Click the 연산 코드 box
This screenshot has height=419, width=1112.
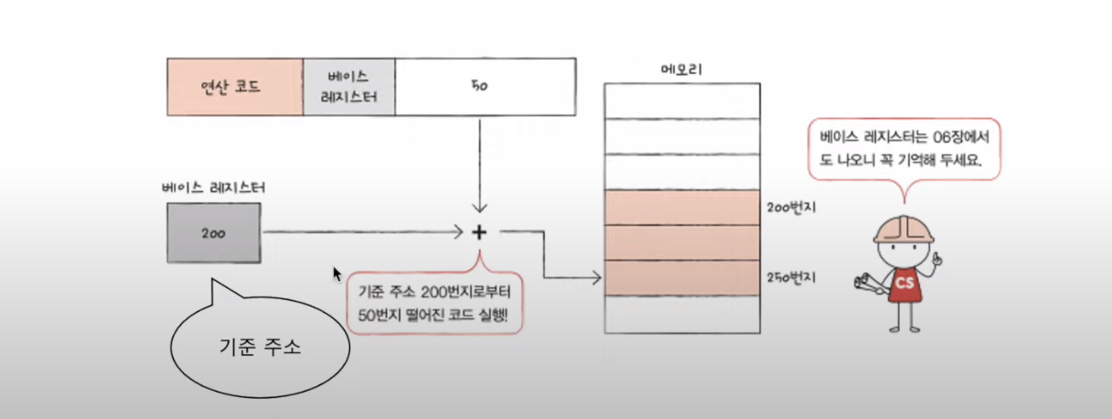pyautogui.click(x=234, y=87)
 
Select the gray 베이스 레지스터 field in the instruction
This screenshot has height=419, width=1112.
pyautogui.click(x=349, y=87)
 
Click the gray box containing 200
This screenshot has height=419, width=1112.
pyautogui.click(x=214, y=232)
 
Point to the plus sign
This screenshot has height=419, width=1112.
pyautogui.click(x=478, y=232)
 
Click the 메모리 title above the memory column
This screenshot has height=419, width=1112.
pyautogui.click(x=682, y=70)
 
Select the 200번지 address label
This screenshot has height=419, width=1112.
pyautogui.click(x=793, y=209)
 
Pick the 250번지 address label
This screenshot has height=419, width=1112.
pyautogui.click(x=793, y=277)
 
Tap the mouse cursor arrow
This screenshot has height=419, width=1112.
pyautogui.click(x=337, y=273)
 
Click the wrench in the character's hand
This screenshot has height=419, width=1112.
pyautogui.click(x=863, y=286)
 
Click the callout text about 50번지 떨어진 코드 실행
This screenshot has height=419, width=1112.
pyautogui.click(x=435, y=304)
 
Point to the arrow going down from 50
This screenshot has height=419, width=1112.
pyautogui.click(x=478, y=165)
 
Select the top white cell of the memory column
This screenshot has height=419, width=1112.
pyautogui.click(x=682, y=102)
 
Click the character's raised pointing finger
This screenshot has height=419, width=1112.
pyautogui.click(x=936, y=260)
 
